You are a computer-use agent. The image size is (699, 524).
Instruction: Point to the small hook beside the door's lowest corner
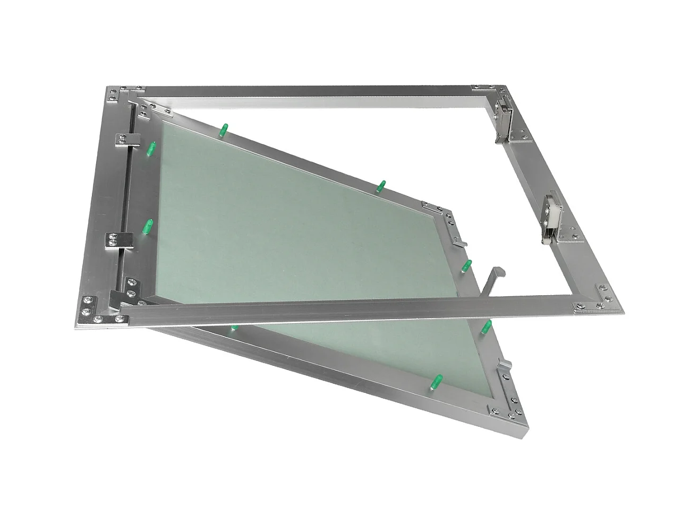click(x=505, y=366)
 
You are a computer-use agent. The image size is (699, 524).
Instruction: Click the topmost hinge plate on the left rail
click(x=127, y=139)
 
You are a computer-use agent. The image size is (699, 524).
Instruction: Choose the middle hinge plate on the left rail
click(x=120, y=239)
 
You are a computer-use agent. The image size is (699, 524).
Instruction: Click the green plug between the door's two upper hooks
click(x=467, y=265)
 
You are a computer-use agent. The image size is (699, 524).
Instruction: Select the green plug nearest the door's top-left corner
click(x=224, y=129)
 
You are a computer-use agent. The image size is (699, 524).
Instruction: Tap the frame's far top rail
click(x=319, y=90)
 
